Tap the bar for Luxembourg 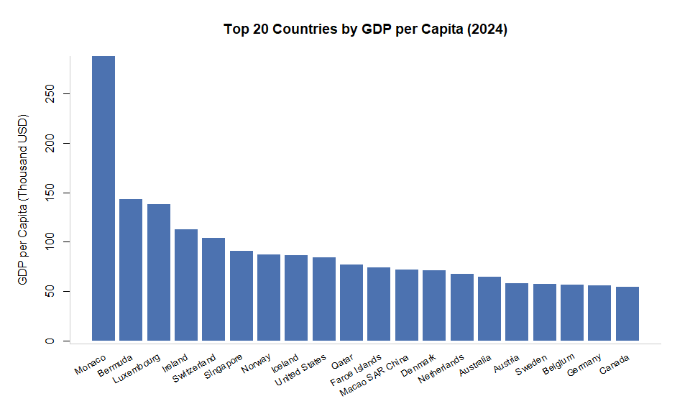[159, 272]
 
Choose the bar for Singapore [241, 295]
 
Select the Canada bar [627, 313]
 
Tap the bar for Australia [489, 308]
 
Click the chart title [366, 30]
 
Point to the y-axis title [23, 198]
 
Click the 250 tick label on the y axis [48, 94]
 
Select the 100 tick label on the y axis [48, 242]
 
